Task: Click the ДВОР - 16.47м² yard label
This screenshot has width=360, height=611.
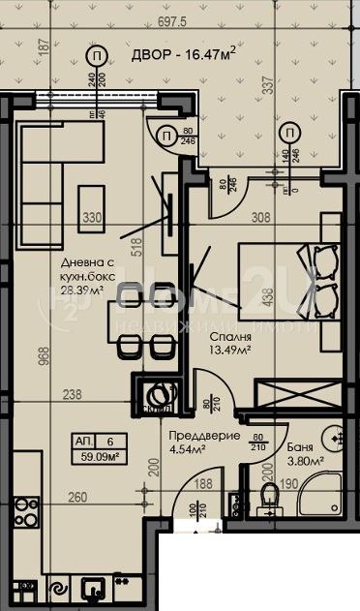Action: click(185, 58)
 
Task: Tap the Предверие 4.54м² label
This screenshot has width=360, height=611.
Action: click(203, 443)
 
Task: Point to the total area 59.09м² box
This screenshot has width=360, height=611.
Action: click(100, 449)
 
